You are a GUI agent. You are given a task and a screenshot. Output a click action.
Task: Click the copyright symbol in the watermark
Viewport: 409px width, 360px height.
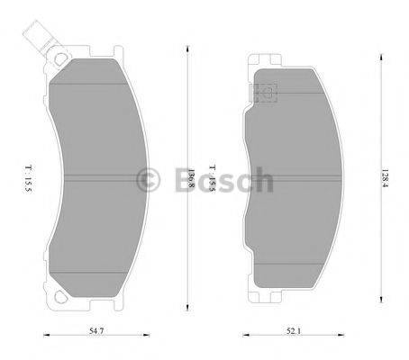(x=147, y=180)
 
